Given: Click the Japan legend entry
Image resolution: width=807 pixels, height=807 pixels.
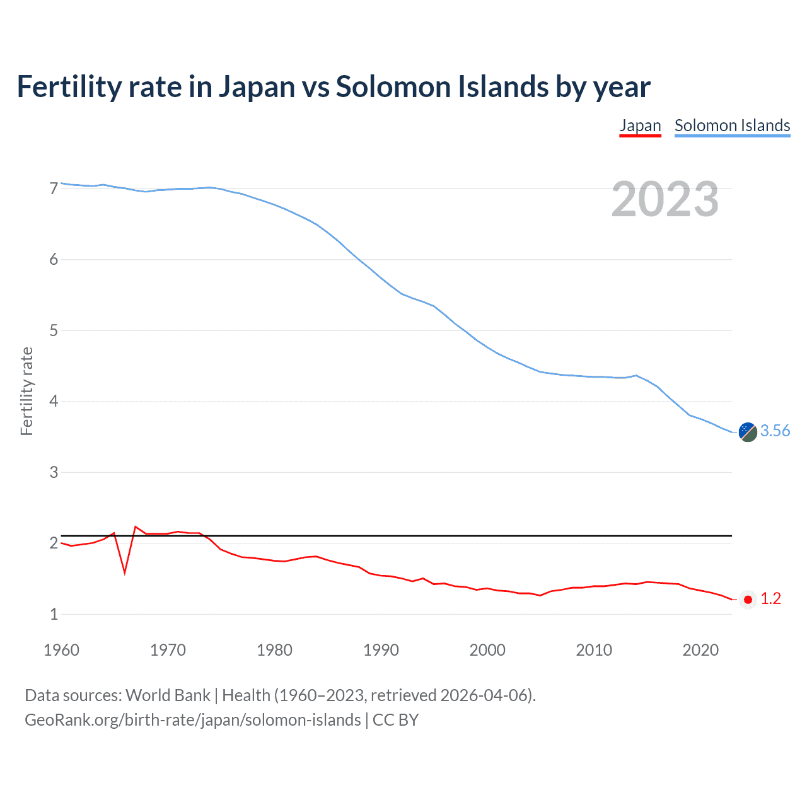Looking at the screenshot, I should (640, 125).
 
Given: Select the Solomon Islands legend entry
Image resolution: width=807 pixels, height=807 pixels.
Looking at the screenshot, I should (732, 125).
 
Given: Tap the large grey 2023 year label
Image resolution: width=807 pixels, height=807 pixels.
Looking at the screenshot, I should (665, 199).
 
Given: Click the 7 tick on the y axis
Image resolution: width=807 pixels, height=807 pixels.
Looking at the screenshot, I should (54, 189).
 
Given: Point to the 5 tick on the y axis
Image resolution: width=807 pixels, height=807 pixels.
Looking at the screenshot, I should (54, 330).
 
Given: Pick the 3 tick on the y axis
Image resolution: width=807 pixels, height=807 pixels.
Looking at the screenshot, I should (54, 472).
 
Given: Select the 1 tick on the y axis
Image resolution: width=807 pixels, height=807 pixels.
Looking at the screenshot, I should (54, 614).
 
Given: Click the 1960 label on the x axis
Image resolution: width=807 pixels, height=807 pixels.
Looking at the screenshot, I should (61, 650).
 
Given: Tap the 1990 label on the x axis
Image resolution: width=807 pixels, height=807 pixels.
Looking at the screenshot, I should (381, 650).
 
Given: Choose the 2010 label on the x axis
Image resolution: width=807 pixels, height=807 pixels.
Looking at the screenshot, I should (594, 650).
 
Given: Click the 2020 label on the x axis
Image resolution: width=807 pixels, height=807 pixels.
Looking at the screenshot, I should (700, 650).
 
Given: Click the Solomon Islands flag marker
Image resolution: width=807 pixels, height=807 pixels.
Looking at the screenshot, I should (748, 432).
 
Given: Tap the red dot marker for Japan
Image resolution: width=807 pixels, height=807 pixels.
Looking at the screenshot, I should (748, 600).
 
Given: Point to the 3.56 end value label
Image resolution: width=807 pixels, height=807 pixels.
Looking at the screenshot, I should (775, 431).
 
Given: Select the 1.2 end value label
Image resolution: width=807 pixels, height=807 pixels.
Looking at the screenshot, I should (770, 599).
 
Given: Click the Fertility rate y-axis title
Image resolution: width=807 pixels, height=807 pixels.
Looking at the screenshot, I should (26, 391).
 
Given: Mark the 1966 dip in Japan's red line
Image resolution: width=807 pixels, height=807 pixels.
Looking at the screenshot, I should (125, 572).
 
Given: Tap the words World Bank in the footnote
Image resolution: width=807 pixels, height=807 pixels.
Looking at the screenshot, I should (168, 695).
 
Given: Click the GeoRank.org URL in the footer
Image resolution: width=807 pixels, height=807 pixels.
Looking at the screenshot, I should (192, 720).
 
